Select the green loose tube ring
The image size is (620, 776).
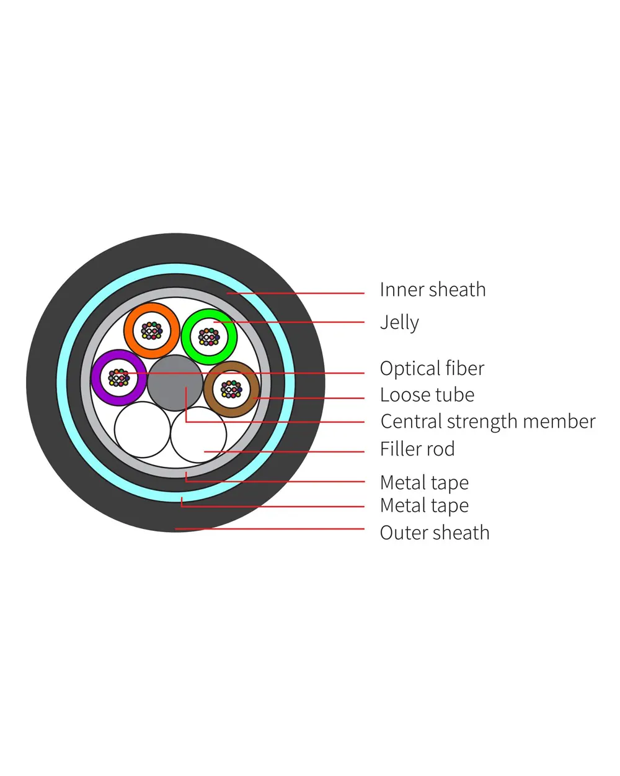188,336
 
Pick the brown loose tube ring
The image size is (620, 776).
210,390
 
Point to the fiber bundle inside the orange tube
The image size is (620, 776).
152,330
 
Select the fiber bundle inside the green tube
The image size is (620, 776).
209,336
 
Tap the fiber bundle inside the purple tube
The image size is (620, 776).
118,377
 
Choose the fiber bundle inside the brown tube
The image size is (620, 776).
231,390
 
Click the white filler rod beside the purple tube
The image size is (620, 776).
142,430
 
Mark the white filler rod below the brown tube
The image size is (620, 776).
198,435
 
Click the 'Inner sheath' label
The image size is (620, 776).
433,290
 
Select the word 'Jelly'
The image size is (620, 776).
399,323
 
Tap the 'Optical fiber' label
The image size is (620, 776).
432,369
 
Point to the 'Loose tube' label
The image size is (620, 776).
427,395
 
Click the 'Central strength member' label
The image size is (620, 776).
488,422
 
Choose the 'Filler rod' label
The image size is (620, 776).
417,449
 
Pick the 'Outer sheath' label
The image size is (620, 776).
435,533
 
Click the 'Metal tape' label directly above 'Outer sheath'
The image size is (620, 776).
424,506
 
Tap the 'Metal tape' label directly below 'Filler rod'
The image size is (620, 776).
424,483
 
